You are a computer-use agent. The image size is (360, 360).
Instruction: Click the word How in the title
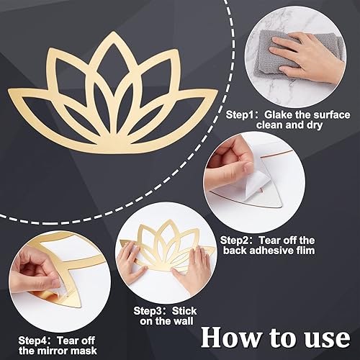228,337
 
